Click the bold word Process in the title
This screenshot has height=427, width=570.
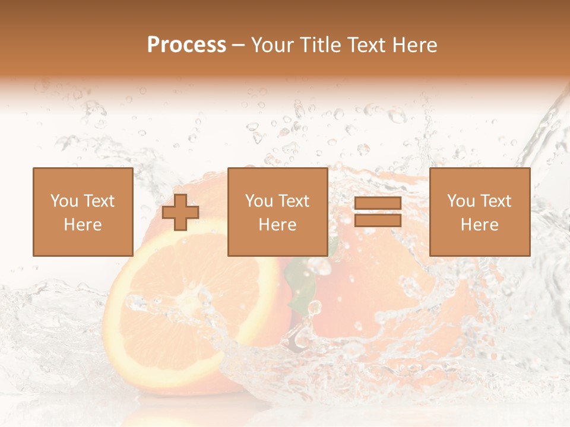pyautogui.click(x=186, y=45)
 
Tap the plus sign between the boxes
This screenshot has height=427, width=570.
pyautogui.click(x=180, y=212)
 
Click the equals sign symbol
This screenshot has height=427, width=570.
pyautogui.click(x=378, y=212)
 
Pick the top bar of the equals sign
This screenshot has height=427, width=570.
pyautogui.click(x=378, y=203)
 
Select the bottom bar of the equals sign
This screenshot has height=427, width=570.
pyautogui.click(x=378, y=221)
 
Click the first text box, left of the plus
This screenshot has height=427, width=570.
pyautogui.click(x=83, y=212)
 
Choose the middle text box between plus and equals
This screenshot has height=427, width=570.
pyautogui.click(x=278, y=212)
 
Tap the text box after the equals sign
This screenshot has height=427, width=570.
pyautogui.click(x=480, y=212)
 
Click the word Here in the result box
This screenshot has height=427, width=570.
pyautogui.click(x=480, y=225)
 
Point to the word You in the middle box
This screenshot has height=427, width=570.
pyautogui.click(x=259, y=201)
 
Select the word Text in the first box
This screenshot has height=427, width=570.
pyautogui.click(x=99, y=201)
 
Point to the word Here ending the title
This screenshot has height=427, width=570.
pyautogui.click(x=415, y=45)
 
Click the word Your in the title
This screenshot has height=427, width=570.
pyautogui.click(x=270, y=45)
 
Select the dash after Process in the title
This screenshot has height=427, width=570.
pyautogui.click(x=239, y=46)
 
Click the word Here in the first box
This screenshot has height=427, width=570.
pyautogui.click(x=83, y=225)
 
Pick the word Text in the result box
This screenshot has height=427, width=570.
pyautogui.click(x=495, y=201)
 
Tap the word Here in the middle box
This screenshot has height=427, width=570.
pyautogui.click(x=278, y=225)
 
